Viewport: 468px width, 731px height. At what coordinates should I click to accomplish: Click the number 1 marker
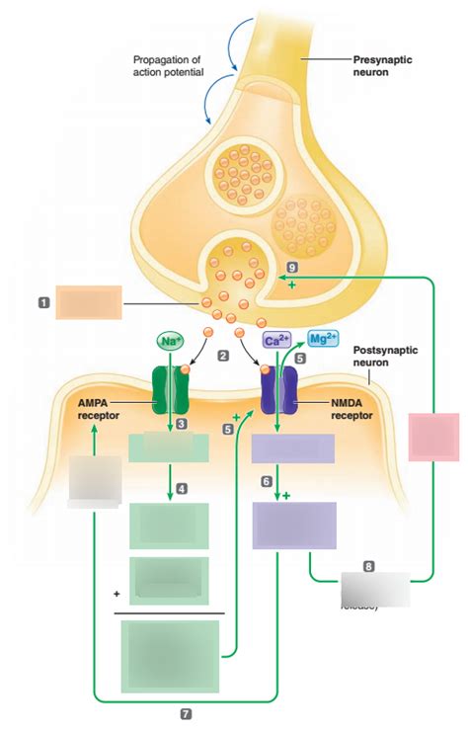pyautogui.click(x=43, y=301)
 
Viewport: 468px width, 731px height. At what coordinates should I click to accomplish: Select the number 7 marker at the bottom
pyautogui.click(x=187, y=712)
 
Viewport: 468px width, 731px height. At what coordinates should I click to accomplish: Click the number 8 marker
pyautogui.click(x=368, y=566)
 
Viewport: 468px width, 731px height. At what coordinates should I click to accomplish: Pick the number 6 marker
pyautogui.click(x=267, y=480)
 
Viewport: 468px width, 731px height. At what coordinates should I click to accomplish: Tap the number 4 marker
pyautogui.click(x=182, y=488)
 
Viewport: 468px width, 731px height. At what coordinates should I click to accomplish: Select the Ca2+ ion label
pyautogui.click(x=275, y=340)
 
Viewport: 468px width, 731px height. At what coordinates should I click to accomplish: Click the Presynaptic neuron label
pyautogui.click(x=382, y=66)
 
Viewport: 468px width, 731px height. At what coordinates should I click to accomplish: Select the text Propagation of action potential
pyautogui.click(x=168, y=66)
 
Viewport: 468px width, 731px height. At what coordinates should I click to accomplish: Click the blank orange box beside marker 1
pyautogui.click(x=89, y=301)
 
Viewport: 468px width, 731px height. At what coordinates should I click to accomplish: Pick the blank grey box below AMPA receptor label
pyautogui.click(x=96, y=480)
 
